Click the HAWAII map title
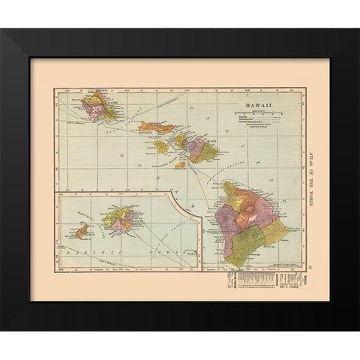247,106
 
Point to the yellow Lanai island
161,145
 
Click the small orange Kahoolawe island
181,163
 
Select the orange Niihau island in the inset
81,232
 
